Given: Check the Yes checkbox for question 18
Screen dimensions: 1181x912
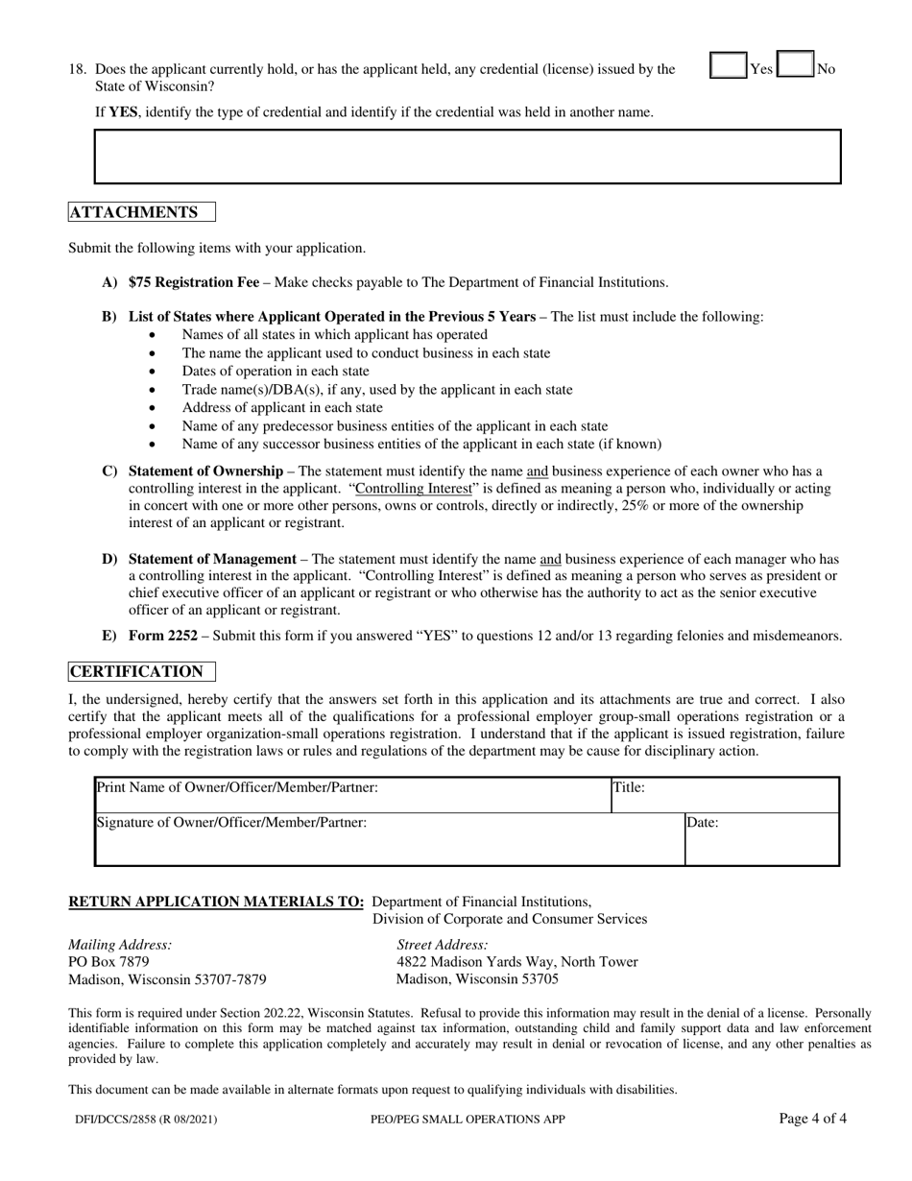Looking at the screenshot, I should [x=729, y=66].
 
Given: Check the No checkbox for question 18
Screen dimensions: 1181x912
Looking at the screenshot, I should [x=795, y=66].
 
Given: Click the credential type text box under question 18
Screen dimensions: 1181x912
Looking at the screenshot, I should [x=467, y=157].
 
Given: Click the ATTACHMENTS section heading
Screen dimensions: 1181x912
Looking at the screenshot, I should [x=134, y=212].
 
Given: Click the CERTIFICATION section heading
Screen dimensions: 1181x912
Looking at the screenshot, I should [x=136, y=671].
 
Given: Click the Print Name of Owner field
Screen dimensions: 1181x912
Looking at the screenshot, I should [x=352, y=796].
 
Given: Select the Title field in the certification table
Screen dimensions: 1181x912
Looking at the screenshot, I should [x=725, y=796].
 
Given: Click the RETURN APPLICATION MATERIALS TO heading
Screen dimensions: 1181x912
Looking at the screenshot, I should [x=216, y=902].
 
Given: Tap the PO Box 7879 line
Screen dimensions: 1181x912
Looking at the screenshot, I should [x=108, y=961].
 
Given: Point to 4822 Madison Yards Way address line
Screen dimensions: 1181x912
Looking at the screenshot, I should [x=516, y=962].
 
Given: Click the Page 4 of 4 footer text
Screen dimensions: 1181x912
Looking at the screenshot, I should [x=812, y=1118].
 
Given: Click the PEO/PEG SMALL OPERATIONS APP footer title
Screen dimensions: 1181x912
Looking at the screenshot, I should [x=467, y=1119].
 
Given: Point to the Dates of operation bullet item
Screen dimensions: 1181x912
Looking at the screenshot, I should [x=275, y=371].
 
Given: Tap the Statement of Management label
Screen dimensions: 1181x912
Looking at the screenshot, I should [x=212, y=559].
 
